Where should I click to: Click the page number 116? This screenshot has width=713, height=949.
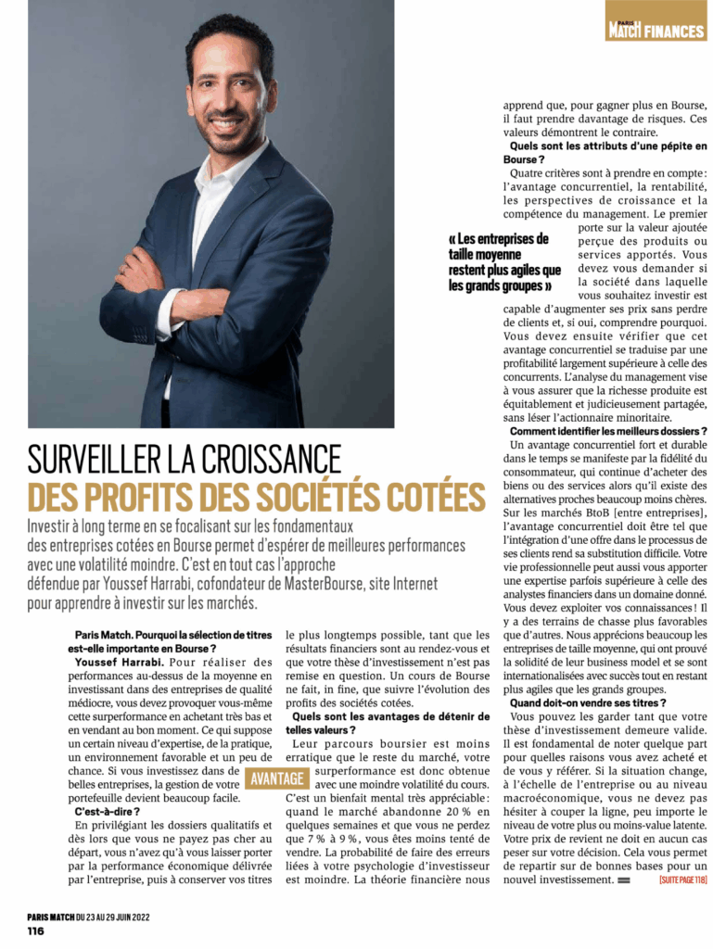click(x=36, y=930)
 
